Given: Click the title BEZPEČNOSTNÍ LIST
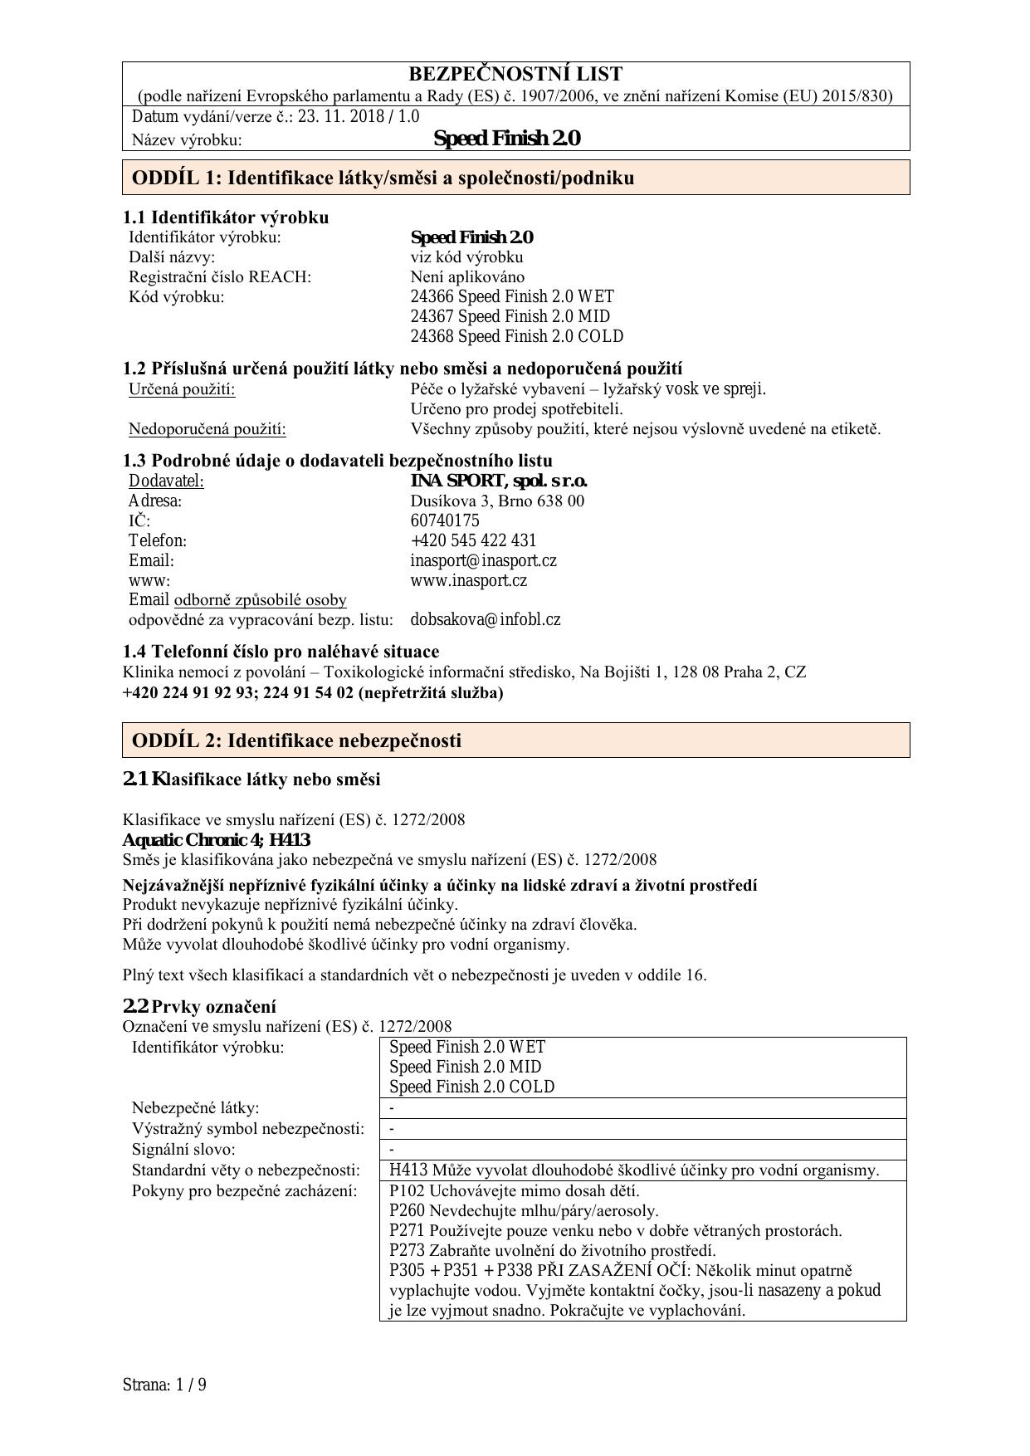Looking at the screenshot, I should (x=515, y=74).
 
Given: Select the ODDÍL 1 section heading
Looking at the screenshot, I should (x=383, y=178).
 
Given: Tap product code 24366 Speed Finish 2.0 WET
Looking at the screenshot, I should (x=512, y=296).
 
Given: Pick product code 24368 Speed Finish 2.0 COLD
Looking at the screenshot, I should (x=516, y=336).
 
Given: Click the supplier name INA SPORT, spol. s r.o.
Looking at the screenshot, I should (x=499, y=481).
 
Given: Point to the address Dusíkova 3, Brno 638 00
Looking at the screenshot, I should (x=497, y=501).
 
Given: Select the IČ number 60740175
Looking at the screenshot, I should (x=445, y=520).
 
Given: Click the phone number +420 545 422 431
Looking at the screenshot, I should (x=473, y=540).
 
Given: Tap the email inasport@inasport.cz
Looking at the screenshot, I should (x=483, y=560).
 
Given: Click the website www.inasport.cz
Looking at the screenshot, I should (x=468, y=580).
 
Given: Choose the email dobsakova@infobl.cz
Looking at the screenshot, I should (x=486, y=619).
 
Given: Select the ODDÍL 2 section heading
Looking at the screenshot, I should (x=296, y=740).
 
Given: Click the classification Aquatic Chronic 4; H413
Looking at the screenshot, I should (x=217, y=840).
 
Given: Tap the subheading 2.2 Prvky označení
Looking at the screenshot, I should (x=199, y=1007).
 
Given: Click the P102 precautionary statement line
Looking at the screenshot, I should (x=514, y=1190).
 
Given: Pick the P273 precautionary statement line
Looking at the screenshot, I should (x=552, y=1250).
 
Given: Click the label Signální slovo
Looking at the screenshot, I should (x=183, y=1150).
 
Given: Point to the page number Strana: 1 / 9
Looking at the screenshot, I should (x=164, y=1385).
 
